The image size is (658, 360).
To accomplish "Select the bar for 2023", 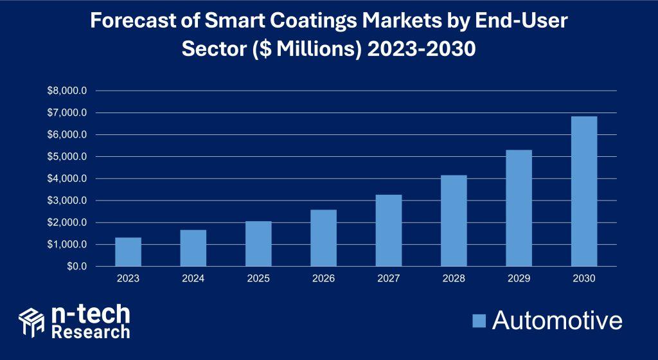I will [128, 252].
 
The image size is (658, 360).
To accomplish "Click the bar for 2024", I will [193, 248].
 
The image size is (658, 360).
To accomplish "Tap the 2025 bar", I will [258, 244].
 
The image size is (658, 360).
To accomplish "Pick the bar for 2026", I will [323, 238].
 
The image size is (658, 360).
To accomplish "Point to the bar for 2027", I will [388, 230].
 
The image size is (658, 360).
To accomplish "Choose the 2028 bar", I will [454, 221].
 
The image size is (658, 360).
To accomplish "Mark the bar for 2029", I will [519, 208].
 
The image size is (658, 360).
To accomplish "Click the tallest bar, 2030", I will [583, 191].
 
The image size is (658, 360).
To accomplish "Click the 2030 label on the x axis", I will [583, 278].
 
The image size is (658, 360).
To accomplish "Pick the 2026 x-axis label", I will [323, 278].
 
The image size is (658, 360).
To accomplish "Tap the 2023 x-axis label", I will [128, 278].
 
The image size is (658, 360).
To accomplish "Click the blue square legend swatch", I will [479, 320].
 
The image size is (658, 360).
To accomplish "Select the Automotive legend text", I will [557, 320].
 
